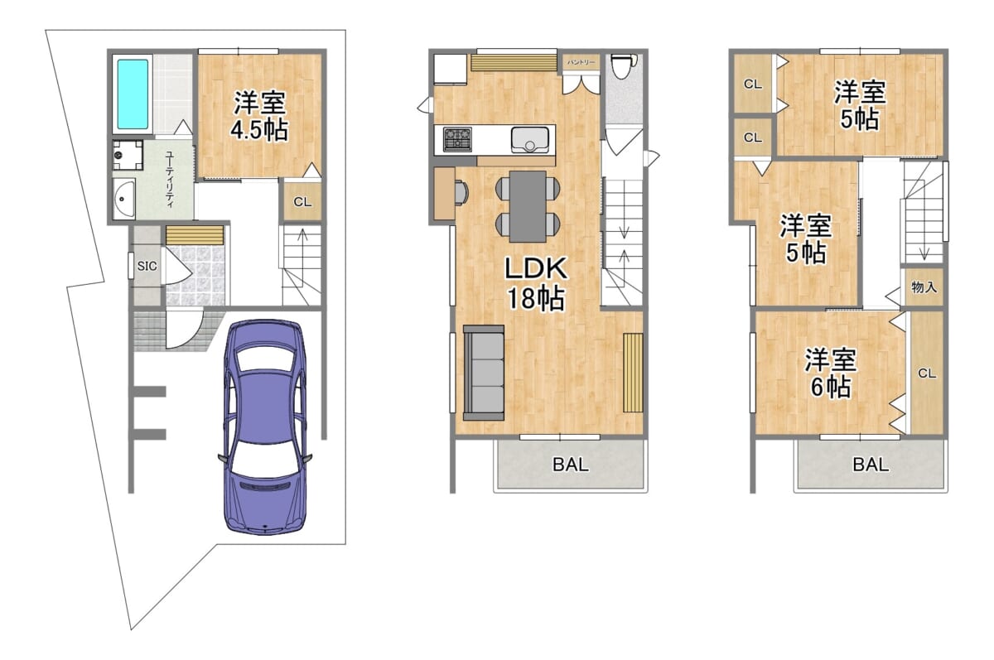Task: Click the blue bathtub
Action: [x=133, y=94]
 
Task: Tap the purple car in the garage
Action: [x=265, y=427]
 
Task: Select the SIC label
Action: [x=147, y=266]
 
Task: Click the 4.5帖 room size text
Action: [x=259, y=131]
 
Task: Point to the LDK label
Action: [x=536, y=268]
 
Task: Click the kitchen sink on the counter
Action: [x=530, y=140]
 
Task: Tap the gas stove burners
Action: [x=457, y=139]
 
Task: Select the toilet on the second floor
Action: [x=623, y=66]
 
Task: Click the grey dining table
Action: [x=528, y=207]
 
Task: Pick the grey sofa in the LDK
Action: [x=484, y=373]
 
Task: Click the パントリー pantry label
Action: [x=581, y=63]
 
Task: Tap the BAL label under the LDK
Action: [x=571, y=465]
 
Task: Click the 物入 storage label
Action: [x=924, y=287]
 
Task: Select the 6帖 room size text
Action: [x=831, y=388]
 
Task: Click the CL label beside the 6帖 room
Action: [x=927, y=374]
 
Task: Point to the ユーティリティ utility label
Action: [x=169, y=180]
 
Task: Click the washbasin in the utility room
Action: [x=123, y=199]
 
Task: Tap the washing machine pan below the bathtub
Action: [x=128, y=155]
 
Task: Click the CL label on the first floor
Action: [x=302, y=202]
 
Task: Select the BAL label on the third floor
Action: [x=871, y=465]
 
